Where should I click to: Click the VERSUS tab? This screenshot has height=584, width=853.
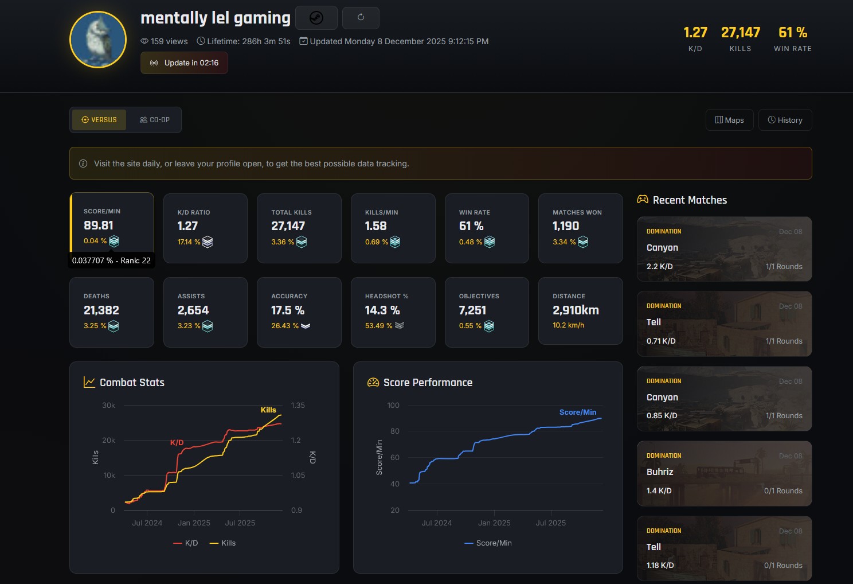click(x=99, y=120)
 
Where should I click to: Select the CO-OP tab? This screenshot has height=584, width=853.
click(x=155, y=120)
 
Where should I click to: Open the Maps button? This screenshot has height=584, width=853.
click(x=729, y=120)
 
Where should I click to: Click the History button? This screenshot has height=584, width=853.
click(x=785, y=120)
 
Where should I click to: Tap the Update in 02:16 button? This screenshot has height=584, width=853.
click(x=184, y=63)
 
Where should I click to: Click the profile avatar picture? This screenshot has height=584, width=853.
click(x=98, y=40)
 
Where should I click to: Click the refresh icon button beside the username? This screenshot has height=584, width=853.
click(x=361, y=18)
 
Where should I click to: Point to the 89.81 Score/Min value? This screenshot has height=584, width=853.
click(x=99, y=225)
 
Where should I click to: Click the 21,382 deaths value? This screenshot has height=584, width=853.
click(x=101, y=310)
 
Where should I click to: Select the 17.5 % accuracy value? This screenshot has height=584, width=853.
click(x=288, y=310)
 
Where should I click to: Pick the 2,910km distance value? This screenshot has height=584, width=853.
click(x=576, y=310)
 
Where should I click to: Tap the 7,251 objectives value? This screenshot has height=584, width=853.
click(x=472, y=310)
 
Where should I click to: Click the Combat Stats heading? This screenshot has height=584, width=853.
click(x=132, y=383)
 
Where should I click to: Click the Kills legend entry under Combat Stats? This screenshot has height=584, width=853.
click(x=223, y=543)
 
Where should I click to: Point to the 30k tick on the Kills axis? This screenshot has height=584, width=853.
click(x=108, y=406)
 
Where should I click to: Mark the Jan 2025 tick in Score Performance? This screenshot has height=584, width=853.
click(x=494, y=523)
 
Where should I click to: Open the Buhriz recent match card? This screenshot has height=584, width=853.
click(x=724, y=473)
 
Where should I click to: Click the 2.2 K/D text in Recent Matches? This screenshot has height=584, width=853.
click(x=660, y=266)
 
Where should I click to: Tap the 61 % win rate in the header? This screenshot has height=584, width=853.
click(x=792, y=33)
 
